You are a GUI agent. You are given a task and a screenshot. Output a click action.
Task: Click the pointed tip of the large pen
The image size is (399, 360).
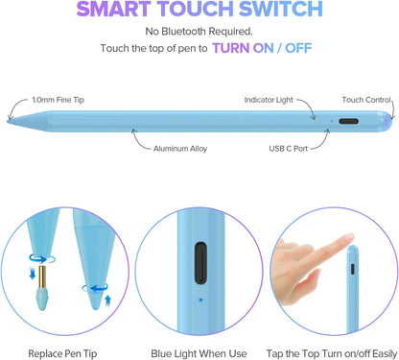coord(10,122)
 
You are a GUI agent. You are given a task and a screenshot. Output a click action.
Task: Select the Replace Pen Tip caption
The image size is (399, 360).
coord(61,342)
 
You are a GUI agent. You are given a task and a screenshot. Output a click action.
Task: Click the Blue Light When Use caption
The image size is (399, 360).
coord(199,342)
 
